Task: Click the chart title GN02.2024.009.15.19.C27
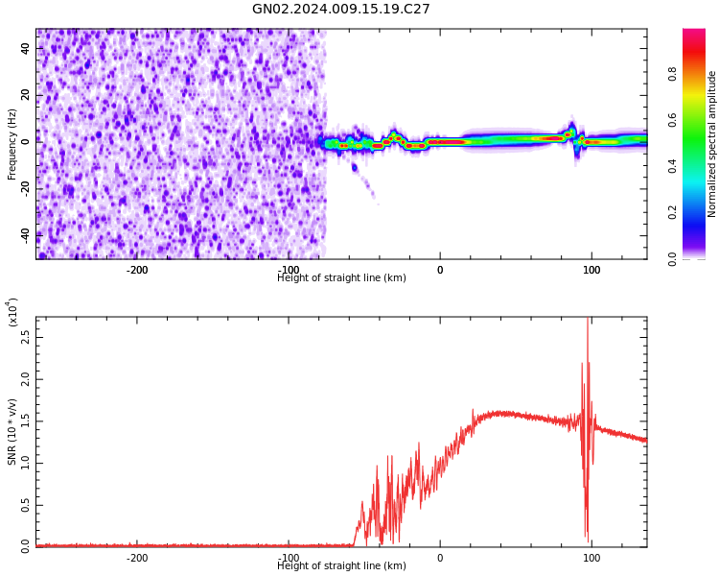click(341, 10)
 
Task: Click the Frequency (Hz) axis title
click(12, 144)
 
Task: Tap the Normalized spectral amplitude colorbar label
click(712, 144)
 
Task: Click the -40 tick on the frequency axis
click(25, 233)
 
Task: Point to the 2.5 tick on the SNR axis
click(25, 338)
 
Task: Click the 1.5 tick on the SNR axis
click(25, 420)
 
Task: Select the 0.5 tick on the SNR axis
click(25, 504)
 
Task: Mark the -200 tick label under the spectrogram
click(137, 270)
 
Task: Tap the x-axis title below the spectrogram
click(341, 278)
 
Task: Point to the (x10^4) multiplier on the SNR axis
click(13, 311)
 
